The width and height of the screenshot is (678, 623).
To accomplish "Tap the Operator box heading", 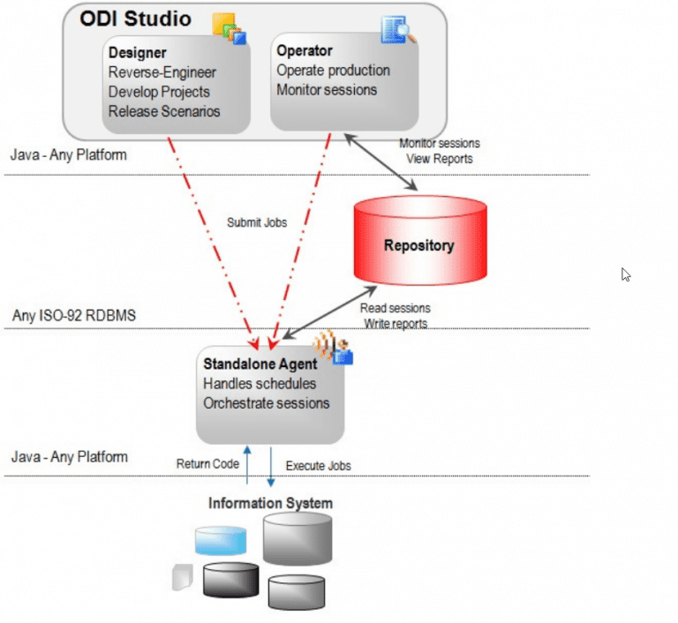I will (305, 50).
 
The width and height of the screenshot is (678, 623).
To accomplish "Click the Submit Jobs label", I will (257, 223).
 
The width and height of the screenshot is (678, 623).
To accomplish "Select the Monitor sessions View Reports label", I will (440, 151).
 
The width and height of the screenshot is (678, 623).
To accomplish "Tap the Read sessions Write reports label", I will (395, 316).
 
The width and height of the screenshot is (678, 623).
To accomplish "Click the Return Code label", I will (208, 463).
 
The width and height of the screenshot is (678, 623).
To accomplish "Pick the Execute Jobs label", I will (318, 465).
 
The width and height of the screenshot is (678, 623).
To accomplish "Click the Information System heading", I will (270, 504).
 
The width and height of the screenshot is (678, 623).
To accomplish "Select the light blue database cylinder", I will (220, 540).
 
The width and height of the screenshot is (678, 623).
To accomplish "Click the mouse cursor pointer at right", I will (626, 274).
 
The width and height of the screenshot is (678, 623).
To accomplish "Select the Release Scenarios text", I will (164, 111).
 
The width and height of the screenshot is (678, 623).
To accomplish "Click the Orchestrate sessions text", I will (266, 403).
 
